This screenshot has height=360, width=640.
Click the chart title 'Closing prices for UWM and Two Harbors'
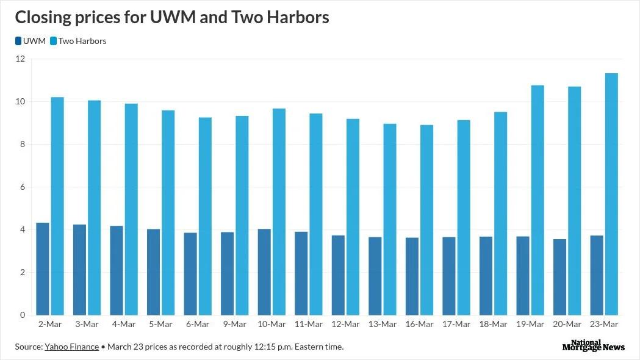(x=171, y=17)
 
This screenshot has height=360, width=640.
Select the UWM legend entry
(x=30, y=41)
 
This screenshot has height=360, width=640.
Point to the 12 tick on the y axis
(x=20, y=59)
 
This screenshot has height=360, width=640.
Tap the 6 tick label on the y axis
(x=22, y=187)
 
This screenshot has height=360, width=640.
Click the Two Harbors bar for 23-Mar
(x=611, y=194)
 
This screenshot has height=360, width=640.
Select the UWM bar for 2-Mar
(x=43, y=269)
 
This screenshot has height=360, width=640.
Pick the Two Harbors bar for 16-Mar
(x=426, y=220)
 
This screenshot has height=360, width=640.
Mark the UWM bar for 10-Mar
(x=264, y=272)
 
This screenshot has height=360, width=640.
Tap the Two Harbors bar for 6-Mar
(x=205, y=217)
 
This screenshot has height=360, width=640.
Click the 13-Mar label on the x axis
(x=382, y=324)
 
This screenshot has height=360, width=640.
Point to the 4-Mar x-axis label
(x=124, y=324)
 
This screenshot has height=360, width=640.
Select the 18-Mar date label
(x=493, y=324)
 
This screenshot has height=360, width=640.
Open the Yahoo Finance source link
(x=71, y=347)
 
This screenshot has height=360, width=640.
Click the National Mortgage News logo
(x=593, y=345)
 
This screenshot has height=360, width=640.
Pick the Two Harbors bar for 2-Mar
(x=57, y=206)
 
